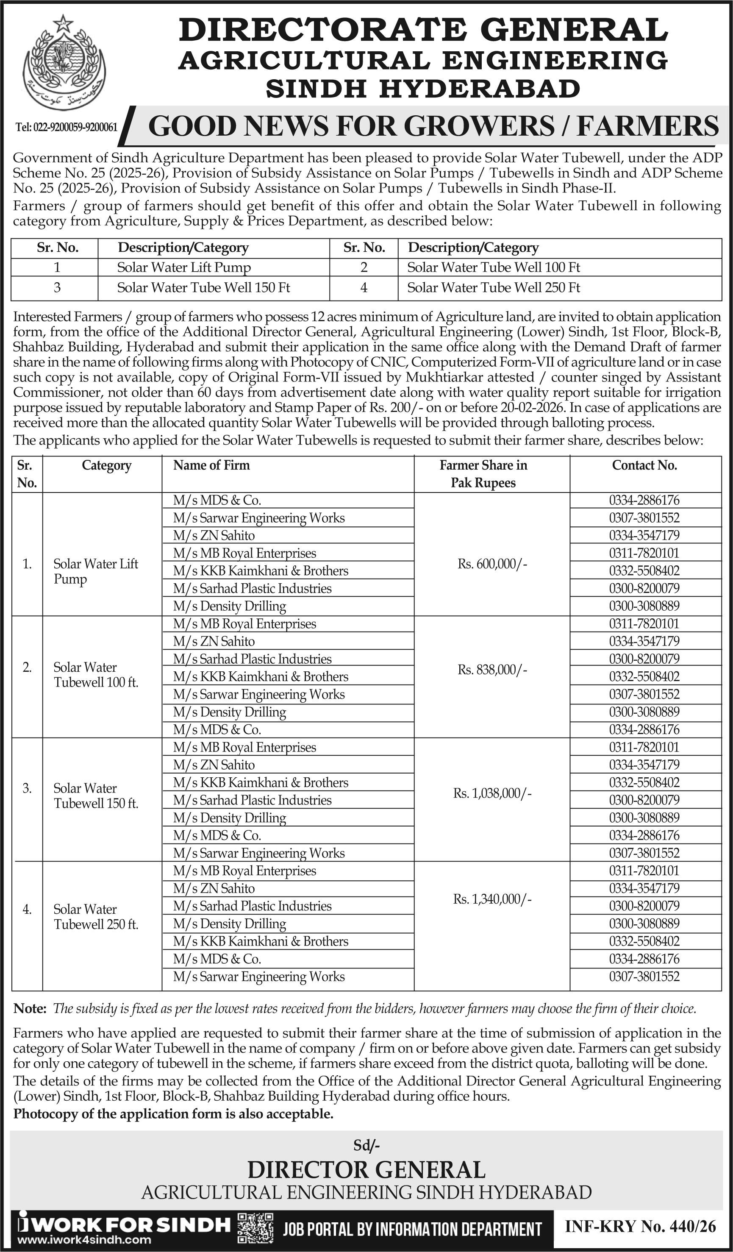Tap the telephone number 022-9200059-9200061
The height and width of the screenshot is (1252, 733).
67,128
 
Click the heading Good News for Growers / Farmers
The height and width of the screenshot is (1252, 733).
433,126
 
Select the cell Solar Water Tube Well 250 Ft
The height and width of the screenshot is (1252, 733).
494,288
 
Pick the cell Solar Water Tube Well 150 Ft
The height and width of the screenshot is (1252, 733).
204,288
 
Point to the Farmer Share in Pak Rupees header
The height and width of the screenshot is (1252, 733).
483,473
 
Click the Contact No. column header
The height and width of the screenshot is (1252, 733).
644,465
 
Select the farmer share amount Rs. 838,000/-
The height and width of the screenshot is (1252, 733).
492,670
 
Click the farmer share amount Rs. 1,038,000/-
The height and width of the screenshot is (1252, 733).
492,793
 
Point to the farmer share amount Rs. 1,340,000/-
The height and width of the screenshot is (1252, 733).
492,899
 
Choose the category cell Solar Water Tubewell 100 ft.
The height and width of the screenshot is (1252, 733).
96,675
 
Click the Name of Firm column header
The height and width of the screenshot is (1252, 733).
211,465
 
